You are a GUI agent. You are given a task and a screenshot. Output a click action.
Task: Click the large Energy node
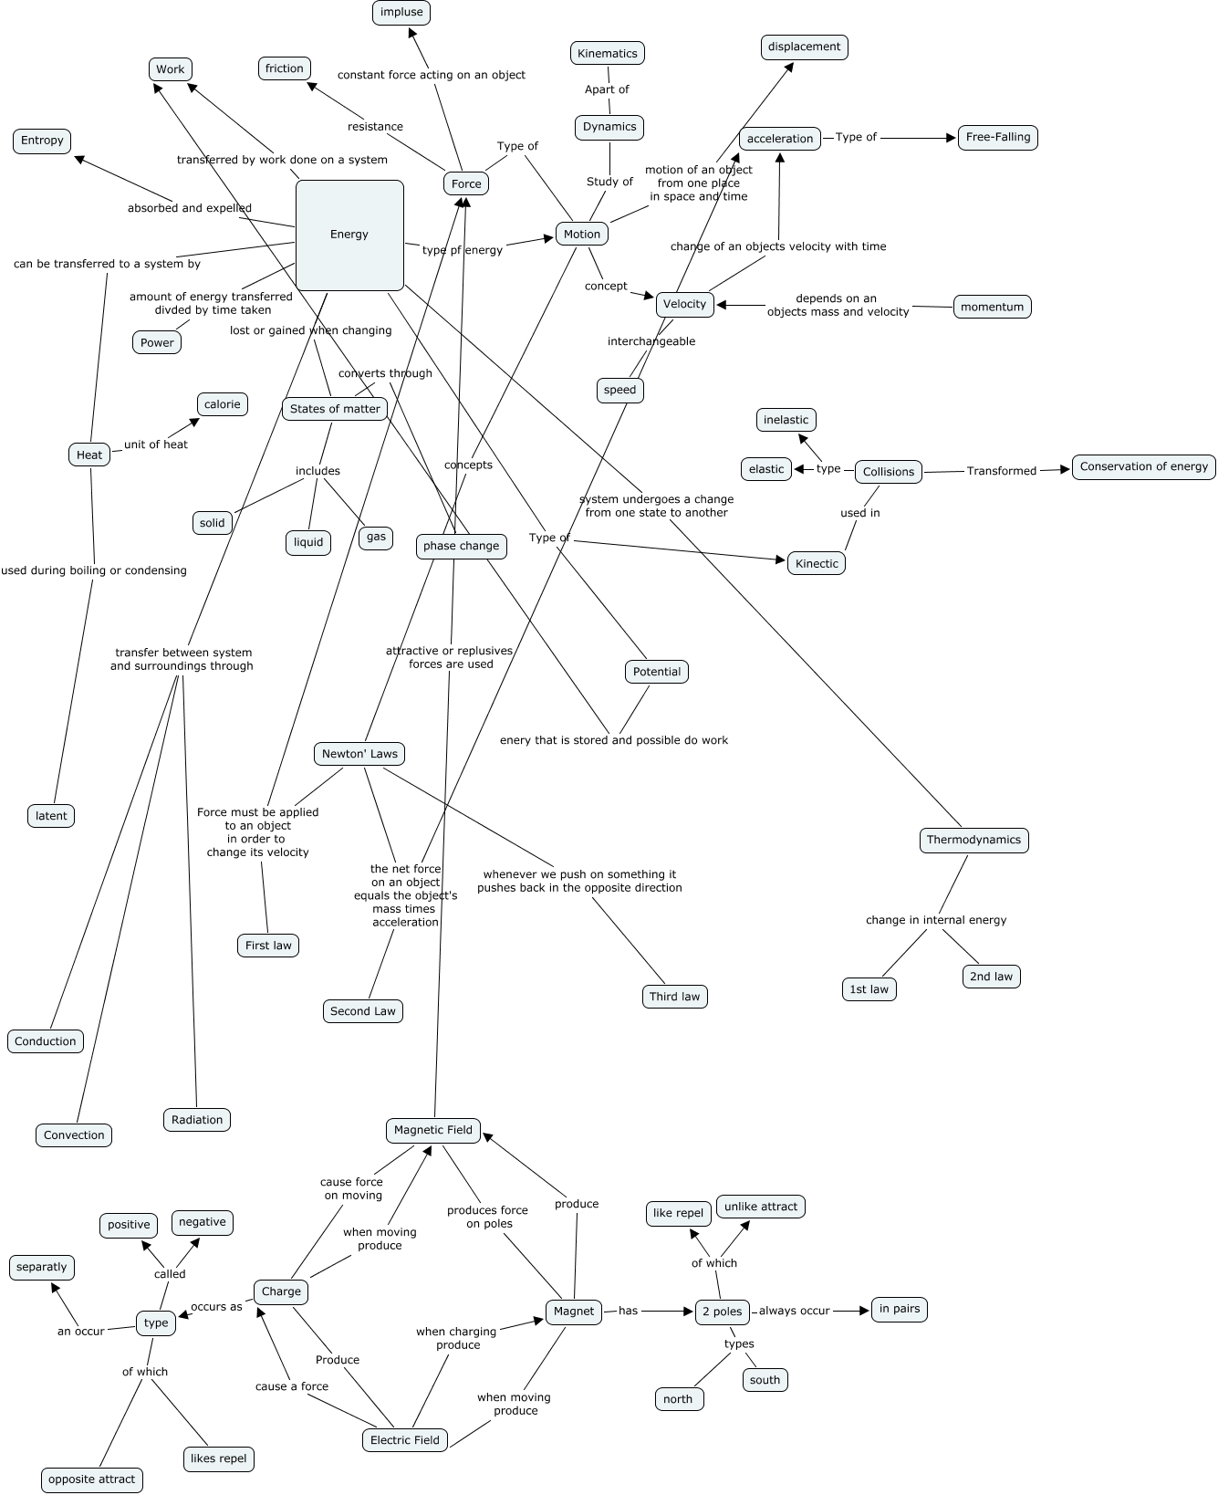click(349, 235)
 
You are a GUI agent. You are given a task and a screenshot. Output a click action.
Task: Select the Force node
click(466, 183)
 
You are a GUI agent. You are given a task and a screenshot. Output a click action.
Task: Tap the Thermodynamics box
click(973, 840)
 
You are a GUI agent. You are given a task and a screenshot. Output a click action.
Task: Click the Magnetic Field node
click(433, 1130)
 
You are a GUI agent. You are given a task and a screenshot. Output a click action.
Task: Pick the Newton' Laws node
click(359, 754)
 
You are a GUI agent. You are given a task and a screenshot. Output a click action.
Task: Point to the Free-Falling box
click(998, 138)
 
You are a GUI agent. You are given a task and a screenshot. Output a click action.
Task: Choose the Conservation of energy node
click(1143, 466)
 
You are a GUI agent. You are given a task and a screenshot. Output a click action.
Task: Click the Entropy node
click(42, 141)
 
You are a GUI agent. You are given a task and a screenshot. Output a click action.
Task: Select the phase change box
click(461, 546)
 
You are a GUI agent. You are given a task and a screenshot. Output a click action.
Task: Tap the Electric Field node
click(405, 1440)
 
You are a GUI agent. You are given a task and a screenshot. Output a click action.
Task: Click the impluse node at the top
click(401, 12)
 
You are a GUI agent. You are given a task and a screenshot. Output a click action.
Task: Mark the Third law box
click(674, 997)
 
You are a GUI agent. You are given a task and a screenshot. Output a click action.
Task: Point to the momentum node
click(992, 307)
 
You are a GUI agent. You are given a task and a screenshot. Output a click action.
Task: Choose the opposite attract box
click(91, 1479)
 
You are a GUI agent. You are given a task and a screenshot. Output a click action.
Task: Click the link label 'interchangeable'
click(651, 341)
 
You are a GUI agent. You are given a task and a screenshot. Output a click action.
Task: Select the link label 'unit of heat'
click(156, 444)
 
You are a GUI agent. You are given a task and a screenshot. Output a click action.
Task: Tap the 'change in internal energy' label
click(936, 920)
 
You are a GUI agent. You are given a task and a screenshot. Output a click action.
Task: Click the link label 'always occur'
click(795, 1311)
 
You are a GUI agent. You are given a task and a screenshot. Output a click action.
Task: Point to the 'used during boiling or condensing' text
click(94, 570)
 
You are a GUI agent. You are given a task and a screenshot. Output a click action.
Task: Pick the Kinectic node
click(817, 563)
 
